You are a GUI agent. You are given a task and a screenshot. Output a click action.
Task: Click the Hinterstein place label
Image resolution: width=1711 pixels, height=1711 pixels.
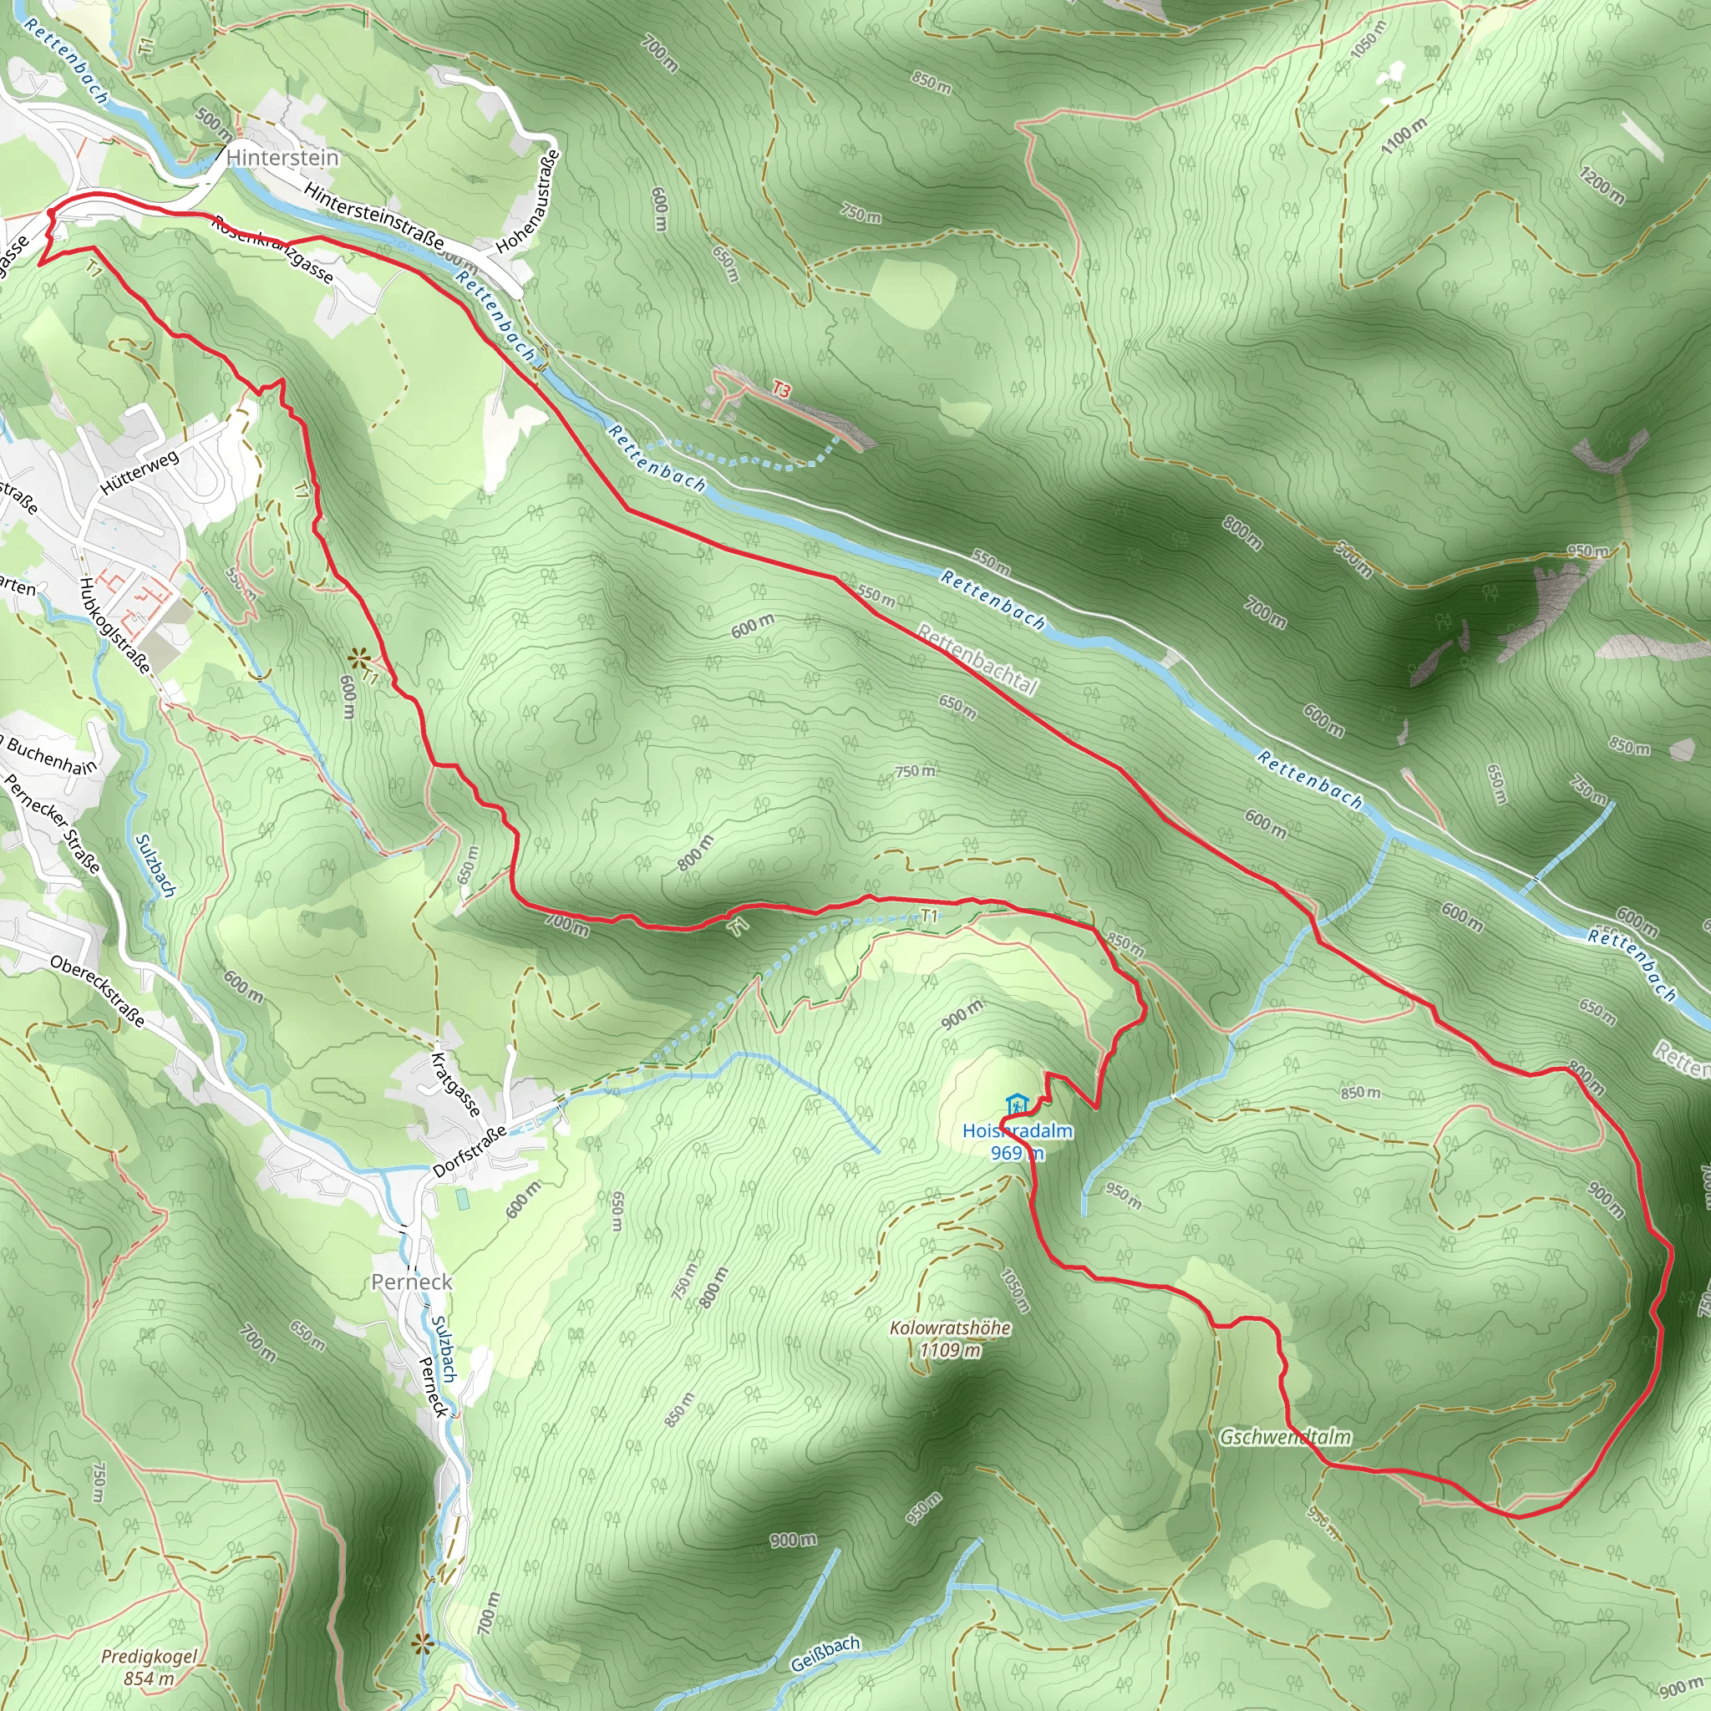pos(282,158)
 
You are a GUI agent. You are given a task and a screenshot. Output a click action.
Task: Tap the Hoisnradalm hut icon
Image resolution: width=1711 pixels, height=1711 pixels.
pos(1017,1105)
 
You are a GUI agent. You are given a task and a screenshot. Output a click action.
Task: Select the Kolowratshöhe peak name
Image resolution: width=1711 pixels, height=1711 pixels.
pos(950,1328)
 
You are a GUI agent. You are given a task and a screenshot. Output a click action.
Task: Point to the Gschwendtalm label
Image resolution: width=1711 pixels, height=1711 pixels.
pos(1285,1437)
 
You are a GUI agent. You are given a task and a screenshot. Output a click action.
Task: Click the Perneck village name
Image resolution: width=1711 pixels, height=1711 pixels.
pos(412,1282)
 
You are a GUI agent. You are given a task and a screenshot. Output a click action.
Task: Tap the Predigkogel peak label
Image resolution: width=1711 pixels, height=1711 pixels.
pos(149,1656)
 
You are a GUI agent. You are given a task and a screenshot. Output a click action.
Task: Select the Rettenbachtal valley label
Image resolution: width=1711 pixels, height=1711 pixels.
pos(977,659)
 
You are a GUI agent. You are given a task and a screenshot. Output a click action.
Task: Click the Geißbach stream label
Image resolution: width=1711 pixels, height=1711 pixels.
pos(825,1654)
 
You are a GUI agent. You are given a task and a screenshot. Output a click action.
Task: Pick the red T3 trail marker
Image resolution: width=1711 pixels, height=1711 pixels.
pos(780,389)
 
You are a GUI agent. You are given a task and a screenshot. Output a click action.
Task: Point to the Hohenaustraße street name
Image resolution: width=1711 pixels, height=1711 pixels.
pos(529,201)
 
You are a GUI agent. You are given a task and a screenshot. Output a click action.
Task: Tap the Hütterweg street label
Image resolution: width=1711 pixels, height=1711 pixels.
pos(140,472)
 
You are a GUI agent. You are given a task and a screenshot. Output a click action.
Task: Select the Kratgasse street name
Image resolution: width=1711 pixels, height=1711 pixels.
pos(455,1085)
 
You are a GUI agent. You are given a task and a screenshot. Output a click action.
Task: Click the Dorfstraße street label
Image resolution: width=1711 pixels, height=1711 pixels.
pos(470,1151)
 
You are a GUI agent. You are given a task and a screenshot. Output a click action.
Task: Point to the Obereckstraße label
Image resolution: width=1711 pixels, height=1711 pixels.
pos(98,991)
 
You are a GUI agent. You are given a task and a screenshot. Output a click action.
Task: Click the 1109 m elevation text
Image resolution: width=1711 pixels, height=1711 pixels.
pos(950,1351)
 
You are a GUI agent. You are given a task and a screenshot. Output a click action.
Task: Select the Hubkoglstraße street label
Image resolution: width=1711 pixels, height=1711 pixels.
pos(115,625)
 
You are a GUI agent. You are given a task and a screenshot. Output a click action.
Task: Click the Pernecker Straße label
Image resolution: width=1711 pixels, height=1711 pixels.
pos(53,824)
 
